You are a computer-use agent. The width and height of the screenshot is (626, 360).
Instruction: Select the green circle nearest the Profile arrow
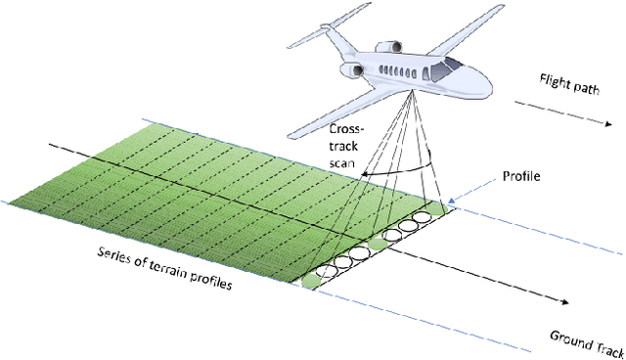pos(423,217)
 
